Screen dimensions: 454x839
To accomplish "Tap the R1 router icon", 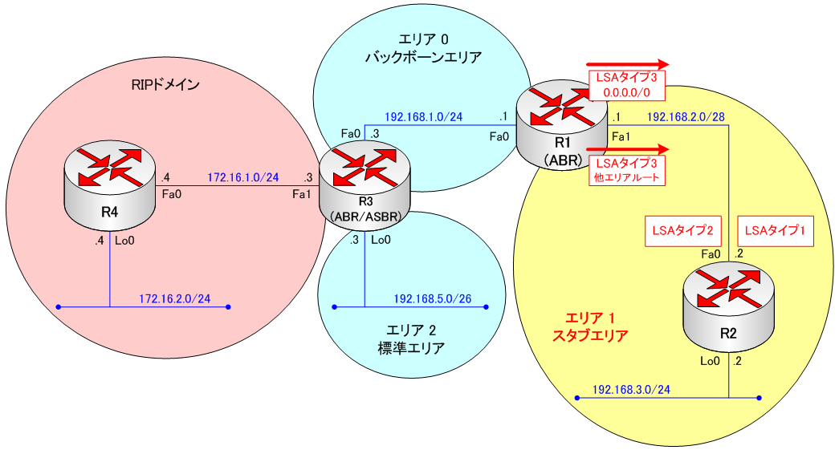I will click(x=563, y=124).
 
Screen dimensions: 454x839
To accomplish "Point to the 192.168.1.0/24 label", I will click(x=423, y=116).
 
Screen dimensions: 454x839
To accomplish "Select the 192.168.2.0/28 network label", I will click(x=686, y=116).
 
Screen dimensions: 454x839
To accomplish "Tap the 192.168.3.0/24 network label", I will click(x=631, y=389).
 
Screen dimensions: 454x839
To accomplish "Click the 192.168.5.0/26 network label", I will click(x=432, y=299).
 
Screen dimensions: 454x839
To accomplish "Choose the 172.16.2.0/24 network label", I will click(x=174, y=298).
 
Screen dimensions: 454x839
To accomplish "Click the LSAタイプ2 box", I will click(x=680, y=231).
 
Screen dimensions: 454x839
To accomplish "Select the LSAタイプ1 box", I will click(x=775, y=231).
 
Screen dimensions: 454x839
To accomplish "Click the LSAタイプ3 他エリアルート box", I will click(x=628, y=172).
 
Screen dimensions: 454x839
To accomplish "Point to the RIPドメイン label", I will click(x=165, y=84).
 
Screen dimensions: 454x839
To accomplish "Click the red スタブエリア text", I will click(x=590, y=335).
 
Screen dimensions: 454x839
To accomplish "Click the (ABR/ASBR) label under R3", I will click(x=365, y=217).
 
